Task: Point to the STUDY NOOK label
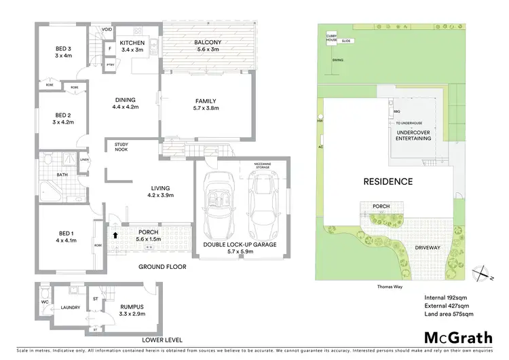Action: [121, 147]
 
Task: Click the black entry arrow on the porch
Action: [115, 235]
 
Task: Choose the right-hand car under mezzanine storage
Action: [263, 200]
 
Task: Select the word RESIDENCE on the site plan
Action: [387, 181]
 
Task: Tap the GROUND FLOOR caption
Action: [162, 267]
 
